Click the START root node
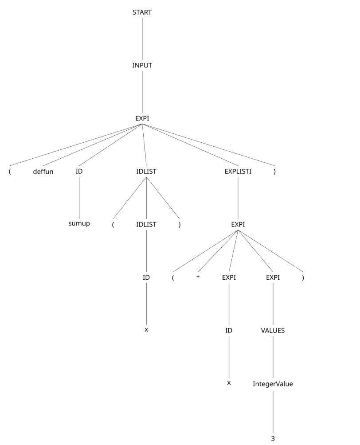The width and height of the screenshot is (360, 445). tap(142, 12)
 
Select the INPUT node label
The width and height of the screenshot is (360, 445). tap(142, 65)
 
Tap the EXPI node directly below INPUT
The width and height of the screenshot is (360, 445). tap(142, 118)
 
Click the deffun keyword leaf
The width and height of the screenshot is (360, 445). tap(43, 172)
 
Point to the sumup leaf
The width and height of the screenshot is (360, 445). tap(79, 223)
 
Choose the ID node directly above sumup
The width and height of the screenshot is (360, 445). tap(79, 171)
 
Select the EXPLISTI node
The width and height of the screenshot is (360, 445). tap(238, 171)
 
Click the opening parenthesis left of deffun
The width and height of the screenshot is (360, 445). tap(10, 172)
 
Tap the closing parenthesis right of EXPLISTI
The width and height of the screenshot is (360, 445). tap(274, 172)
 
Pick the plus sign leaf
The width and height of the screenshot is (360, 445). tap(198, 277)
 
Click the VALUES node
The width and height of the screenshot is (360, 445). tap(273, 331)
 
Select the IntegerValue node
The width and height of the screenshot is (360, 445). tap(273, 384)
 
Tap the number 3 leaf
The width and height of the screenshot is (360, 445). tap(273, 439)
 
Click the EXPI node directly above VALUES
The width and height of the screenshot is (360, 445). tap(273, 277)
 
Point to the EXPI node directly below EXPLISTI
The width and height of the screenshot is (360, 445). tap(238, 224)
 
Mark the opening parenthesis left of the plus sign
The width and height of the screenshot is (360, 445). tap(173, 278)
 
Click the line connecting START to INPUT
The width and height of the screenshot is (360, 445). tap(142, 39)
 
